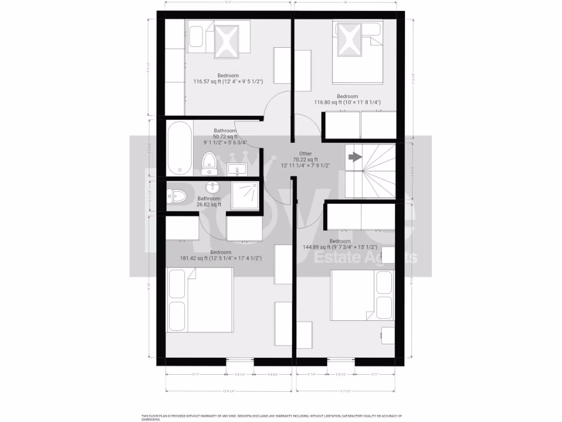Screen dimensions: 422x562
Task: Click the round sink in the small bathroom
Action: pyautogui.click(x=212, y=185)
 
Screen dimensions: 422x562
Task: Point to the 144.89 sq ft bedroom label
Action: pyautogui.click(x=340, y=247)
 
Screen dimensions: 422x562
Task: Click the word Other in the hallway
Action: pyautogui.click(x=306, y=153)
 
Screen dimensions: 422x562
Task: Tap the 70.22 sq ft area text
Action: pyautogui.click(x=306, y=159)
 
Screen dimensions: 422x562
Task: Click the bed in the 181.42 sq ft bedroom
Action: pyautogui.click(x=201, y=299)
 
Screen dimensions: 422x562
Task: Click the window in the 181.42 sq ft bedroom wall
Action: pyautogui.click(x=240, y=362)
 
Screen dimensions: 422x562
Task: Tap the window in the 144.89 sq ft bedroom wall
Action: pyautogui.click(x=341, y=362)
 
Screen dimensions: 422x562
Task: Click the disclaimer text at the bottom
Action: pyautogui.click(x=272, y=417)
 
